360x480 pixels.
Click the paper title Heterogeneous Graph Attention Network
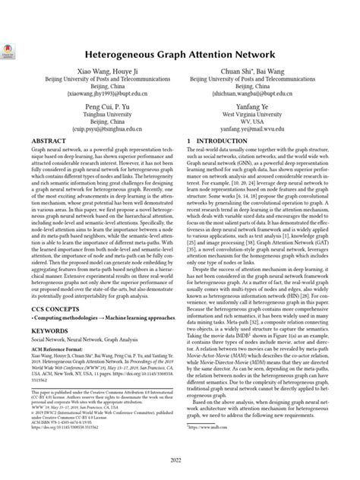pos(180,56)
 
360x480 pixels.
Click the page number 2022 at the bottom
pos(180,460)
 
